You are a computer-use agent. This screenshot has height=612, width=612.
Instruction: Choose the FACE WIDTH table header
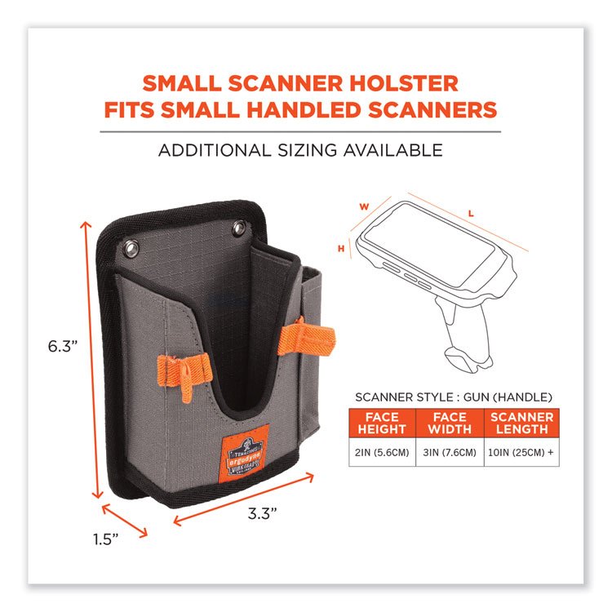point(446,424)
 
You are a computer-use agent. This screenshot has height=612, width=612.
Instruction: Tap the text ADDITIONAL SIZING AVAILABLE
point(300,149)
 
